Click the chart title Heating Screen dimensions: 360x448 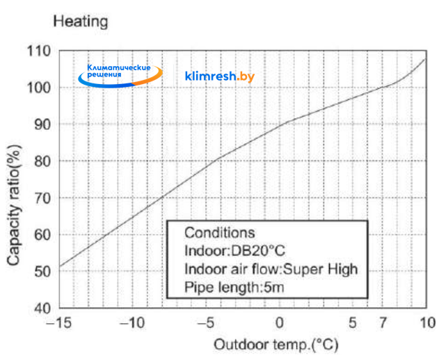click(x=81, y=22)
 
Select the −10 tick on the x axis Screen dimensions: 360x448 click(x=132, y=323)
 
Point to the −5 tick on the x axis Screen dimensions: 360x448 click(x=206, y=323)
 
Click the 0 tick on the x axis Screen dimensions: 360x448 click(x=279, y=323)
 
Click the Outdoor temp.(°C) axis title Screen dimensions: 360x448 click(x=265, y=345)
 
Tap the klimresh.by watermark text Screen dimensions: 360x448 click(x=220, y=76)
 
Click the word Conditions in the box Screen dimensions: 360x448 click(x=220, y=233)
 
